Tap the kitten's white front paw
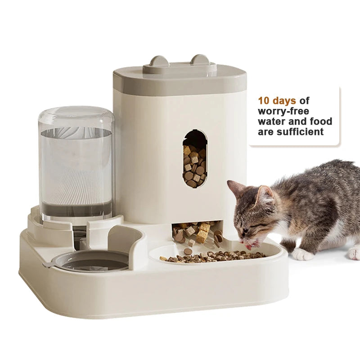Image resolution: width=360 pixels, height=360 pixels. click(302, 255)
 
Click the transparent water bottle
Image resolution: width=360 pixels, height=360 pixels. click(76, 162)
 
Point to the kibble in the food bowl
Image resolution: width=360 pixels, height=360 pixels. click(211, 256)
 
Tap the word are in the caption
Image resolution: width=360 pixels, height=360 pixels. click(265, 132)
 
